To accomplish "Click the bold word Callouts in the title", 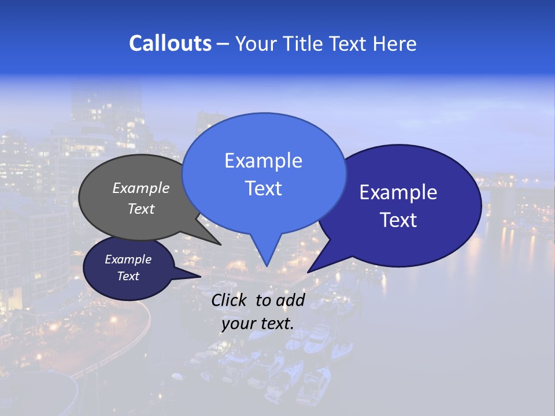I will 171,44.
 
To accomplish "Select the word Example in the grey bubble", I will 141,188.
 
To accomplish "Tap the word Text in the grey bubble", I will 141,209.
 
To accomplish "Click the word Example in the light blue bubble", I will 263,161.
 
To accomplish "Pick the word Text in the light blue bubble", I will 263,188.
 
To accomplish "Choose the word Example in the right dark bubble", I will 398,192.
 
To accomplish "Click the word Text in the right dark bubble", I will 398,220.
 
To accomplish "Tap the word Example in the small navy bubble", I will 128,259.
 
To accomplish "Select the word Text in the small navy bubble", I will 128,276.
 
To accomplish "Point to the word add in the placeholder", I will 290,300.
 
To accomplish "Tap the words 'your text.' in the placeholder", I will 257,324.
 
